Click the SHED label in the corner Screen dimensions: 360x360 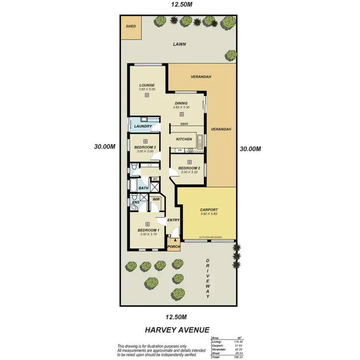(131, 27)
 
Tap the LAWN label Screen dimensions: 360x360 (180, 44)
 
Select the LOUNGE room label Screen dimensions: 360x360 (147, 85)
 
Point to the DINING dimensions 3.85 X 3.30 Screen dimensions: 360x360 (181, 108)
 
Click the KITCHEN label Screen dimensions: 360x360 (184, 139)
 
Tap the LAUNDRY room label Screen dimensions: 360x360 (143, 126)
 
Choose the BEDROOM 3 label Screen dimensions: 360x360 (145, 147)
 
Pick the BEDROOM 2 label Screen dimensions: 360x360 (189, 168)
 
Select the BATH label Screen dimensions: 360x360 (144, 188)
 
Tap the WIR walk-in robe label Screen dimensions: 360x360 (156, 199)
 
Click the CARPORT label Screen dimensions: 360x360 (209, 210)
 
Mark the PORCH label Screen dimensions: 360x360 (174, 247)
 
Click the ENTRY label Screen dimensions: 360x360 (173, 220)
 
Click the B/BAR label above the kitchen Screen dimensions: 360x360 (184, 124)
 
